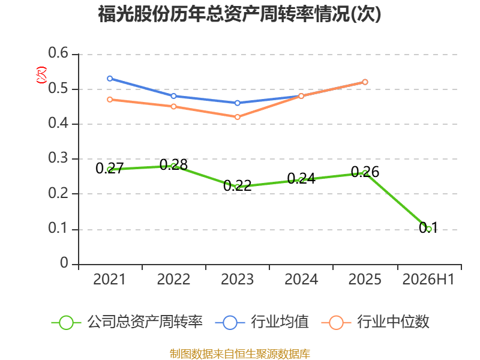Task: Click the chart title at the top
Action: pyautogui.click(x=239, y=14)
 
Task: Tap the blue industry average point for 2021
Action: pyautogui.click(x=110, y=79)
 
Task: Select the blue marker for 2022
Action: pyautogui.click(x=173, y=96)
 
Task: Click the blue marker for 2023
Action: pyautogui.click(x=237, y=103)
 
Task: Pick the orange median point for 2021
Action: pyautogui.click(x=110, y=100)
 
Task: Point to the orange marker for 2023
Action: pyautogui.click(x=237, y=117)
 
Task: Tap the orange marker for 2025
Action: pyautogui.click(x=365, y=82)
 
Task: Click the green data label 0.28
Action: pyautogui.click(x=173, y=165)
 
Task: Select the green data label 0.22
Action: pyautogui.click(x=237, y=186)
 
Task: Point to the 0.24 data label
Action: pyautogui.click(x=301, y=179)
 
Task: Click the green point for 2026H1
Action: pyautogui.click(x=428, y=229)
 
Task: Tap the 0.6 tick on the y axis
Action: pyautogui.click(x=58, y=53)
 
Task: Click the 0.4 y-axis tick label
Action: pyautogui.click(x=58, y=123)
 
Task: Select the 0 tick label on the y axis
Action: pyautogui.click(x=64, y=263)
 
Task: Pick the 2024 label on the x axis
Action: pyautogui.click(x=301, y=280)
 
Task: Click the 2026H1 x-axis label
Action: pyautogui.click(x=428, y=280)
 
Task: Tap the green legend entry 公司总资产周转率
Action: pyautogui.click(x=127, y=322)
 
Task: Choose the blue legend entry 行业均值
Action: pyautogui.click(x=262, y=322)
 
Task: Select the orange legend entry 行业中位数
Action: pyautogui.click(x=376, y=322)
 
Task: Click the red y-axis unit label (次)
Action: pyautogui.click(x=41, y=75)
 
